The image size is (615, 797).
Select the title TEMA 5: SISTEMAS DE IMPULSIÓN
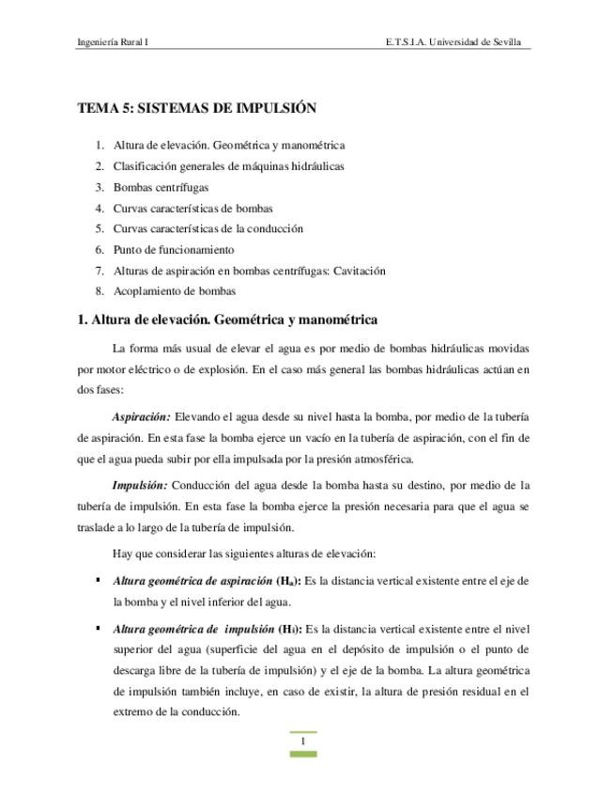pos(196,108)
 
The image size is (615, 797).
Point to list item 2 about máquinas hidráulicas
pos(228,166)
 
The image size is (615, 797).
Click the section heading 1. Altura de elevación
pos(227,320)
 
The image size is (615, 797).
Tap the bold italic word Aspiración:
pos(141,416)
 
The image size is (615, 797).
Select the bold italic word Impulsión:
pos(139,485)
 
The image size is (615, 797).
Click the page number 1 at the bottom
pos(302,742)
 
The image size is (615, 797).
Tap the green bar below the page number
pos(302,754)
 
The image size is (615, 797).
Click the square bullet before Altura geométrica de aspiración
pos(98,581)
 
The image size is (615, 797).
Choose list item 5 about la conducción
pos(208,229)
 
